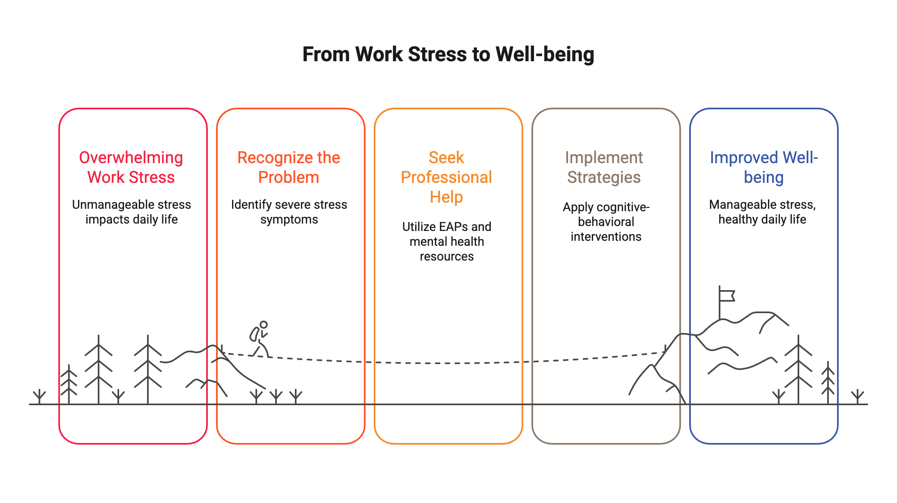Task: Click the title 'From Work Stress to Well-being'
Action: tap(448, 54)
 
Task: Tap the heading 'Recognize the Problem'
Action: tap(289, 167)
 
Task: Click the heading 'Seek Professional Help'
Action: tap(446, 177)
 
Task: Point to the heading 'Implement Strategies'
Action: tap(604, 167)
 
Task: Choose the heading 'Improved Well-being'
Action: tap(764, 167)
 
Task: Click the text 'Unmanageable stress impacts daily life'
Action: tap(131, 212)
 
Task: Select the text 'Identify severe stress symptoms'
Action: tap(289, 212)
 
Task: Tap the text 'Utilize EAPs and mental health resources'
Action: tap(446, 241)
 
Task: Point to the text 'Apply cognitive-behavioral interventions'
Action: tap(606, 222)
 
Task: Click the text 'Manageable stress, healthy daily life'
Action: tap(762, 212)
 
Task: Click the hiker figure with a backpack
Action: tap(260, 339)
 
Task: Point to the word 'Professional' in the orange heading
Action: tap(446, 177)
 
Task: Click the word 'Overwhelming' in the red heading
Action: tap(131, 157)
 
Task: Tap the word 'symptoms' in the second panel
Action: tap(289, 219)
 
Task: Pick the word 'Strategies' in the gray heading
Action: tap(604, 177)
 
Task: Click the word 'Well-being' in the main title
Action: tap(545, 54)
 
